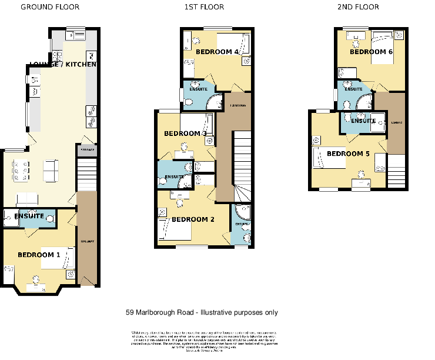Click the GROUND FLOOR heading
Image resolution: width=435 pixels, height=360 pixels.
pos(50,7)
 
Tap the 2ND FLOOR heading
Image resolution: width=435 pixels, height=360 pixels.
pos(358,7)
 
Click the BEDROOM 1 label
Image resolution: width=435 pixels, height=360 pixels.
pos(39,255)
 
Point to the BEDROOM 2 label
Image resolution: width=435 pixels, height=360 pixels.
pos(193,220)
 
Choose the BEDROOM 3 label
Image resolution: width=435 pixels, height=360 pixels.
pos(185,134)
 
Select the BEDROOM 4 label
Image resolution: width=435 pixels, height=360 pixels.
pos(217,52)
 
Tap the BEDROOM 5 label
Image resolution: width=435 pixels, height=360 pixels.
pos(348,154)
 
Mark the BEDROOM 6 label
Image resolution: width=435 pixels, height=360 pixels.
pos(371,52)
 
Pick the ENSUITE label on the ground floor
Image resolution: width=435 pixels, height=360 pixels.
pos(29,216)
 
